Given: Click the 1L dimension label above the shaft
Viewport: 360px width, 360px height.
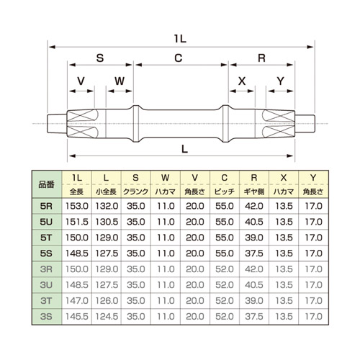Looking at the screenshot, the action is pos(180,38).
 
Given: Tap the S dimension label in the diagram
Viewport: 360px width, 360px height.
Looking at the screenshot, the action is pos(100,58).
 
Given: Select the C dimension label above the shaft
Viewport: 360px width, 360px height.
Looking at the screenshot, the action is pos(179,58).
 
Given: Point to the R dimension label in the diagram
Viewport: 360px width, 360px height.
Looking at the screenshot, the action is pos(261,58).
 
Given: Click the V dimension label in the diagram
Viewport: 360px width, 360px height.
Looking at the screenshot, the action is pos(81,81).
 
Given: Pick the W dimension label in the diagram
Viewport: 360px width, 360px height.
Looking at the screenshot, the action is pos(120,81).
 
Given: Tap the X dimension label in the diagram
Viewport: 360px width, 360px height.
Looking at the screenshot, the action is pos(242,81).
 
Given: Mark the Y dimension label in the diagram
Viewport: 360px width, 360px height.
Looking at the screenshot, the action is pos(281,81).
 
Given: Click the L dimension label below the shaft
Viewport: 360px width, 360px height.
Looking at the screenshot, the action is pos(184,149).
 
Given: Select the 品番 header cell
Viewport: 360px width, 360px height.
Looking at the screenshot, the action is pos(47,184).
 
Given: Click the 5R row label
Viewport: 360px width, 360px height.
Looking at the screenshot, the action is pos(46,206).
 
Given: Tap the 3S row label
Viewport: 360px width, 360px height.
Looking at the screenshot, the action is pos(46,316).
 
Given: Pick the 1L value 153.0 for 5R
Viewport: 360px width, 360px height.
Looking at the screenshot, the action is pos(77,206).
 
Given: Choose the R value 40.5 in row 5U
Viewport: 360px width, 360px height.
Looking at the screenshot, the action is pos(254,222).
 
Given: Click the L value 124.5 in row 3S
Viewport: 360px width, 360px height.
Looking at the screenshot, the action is pos(107,316).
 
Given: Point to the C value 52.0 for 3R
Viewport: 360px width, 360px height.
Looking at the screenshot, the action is pos(225,269).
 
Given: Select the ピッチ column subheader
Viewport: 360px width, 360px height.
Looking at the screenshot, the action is pos(225,192).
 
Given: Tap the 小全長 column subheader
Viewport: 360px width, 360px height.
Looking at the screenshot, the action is pos(107,192).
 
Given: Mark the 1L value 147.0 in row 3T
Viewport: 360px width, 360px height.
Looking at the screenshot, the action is pos(77,300).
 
